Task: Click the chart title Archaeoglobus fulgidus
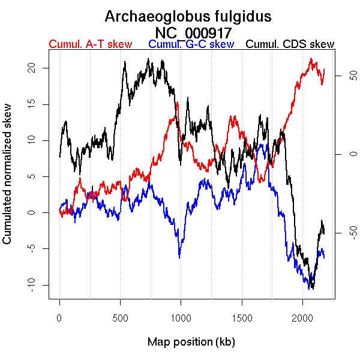tap(188, 16)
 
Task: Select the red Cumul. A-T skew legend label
tap(90, 44)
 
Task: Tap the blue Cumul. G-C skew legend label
tap(190, 44)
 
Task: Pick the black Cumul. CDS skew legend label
tap(290, 44)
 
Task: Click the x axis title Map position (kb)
tap(191, 342)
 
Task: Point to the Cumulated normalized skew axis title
tap(8, 181)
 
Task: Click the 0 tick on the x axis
tap(59, 316)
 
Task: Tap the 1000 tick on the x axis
tap(181, 316)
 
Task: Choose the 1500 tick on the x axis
tap(242, 316)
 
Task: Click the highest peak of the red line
tap(311, 59)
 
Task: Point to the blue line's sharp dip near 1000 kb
tap(179, 257)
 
